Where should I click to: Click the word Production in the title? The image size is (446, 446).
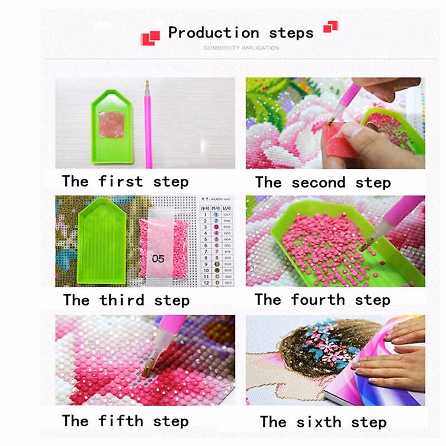click(x=213, y=33)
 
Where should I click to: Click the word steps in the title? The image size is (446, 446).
click(x=291, y=33)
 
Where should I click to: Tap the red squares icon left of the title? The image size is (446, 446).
click(x=150, y=38)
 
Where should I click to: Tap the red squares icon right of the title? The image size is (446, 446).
click(x=330, y=27)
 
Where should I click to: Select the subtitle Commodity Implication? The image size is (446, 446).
click(x=241, y=48)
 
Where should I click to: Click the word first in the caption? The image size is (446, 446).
click(x=120, y=182)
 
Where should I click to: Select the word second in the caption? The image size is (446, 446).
click(x=318, y=183)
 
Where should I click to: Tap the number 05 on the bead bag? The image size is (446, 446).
click(x=158, y=259)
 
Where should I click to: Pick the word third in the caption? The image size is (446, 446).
click(x=122, y=300)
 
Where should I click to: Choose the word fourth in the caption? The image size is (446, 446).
click(x=318, y=300)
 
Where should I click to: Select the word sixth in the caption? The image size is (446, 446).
click(x=319, y=422)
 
